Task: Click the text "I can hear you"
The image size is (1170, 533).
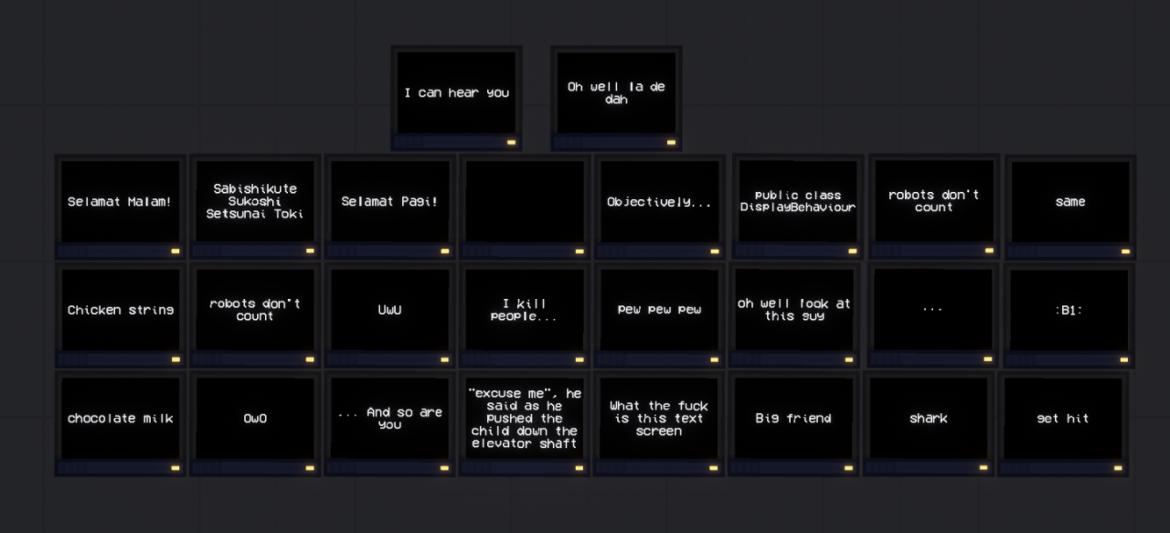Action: tap(456, 93)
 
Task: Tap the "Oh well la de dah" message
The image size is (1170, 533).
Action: tap(616, 93)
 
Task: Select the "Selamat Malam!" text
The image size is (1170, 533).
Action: tap(120, 202)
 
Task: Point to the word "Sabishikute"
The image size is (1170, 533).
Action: tap(255, 188)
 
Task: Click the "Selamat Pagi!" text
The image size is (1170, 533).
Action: tap(389, 202)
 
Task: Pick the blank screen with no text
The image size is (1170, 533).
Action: tap(525, 201)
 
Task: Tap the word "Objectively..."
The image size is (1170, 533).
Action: tap(659, 202)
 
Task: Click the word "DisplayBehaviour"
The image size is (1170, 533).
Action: tap(798, 208)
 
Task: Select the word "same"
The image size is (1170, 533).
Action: tap(1070, 202)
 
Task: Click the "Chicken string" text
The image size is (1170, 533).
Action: tap(121, 311)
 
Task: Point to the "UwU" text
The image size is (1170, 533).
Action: tap(389, 310)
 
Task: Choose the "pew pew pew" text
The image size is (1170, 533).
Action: tap(659, 310)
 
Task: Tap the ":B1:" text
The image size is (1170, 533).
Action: tap(1069, 311)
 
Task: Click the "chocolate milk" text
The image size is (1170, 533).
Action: tap(120, 419)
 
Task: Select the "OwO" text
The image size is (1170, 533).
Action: tap(255, 419)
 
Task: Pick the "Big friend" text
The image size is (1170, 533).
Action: tap(793, 419)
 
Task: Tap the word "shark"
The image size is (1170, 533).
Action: tap(928, 419)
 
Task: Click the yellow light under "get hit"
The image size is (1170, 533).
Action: tap(1118, 468)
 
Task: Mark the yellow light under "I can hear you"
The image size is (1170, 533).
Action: tap(511, 142)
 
